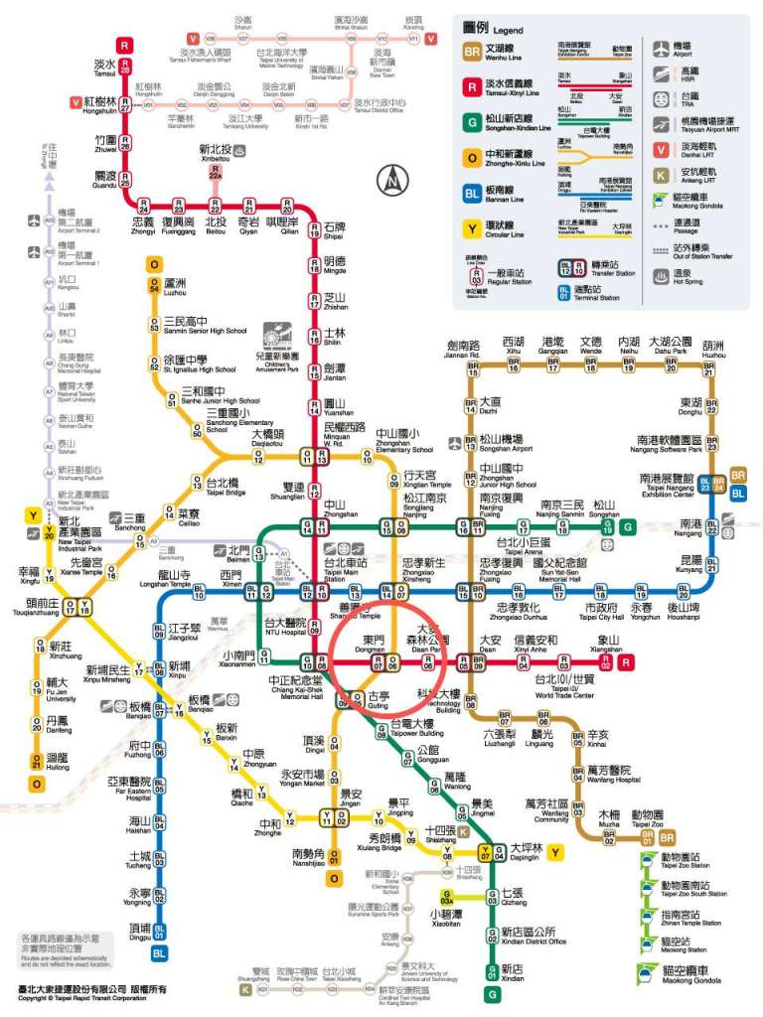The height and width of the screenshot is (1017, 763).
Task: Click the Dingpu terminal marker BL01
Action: tap(159, 932)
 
